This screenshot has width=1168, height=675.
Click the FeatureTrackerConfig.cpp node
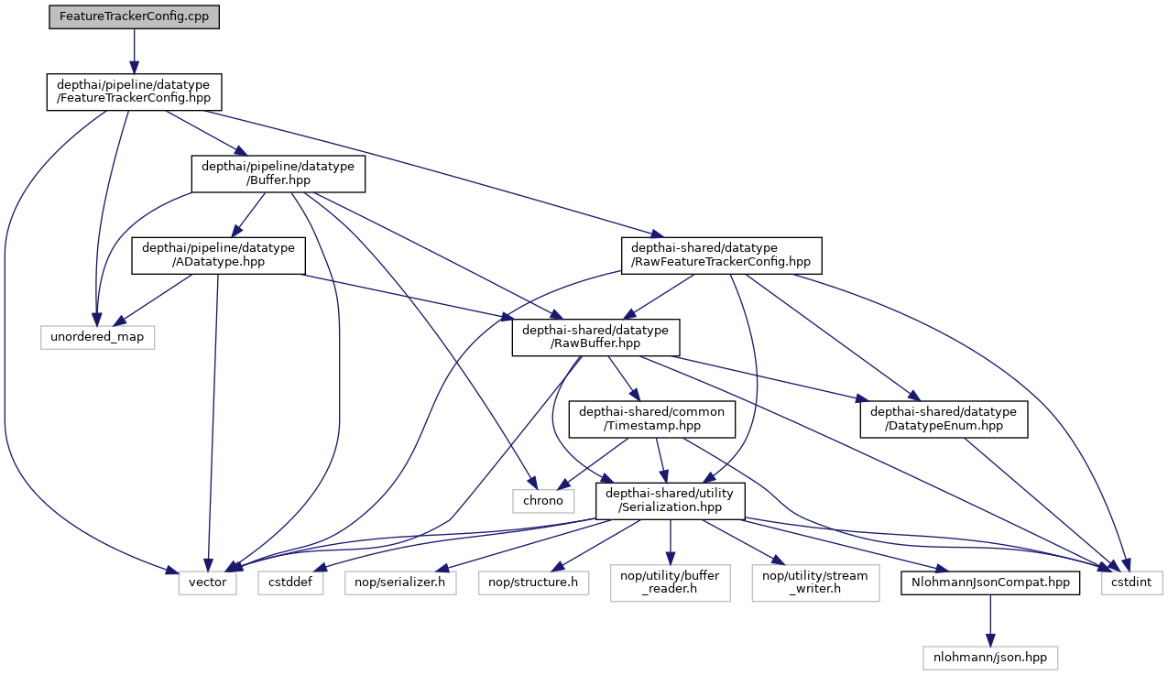[x=134, y=17]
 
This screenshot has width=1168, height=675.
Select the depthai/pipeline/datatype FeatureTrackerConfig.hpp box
[x=134, y=93]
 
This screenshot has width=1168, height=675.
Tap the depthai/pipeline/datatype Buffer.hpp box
[x=278, y=173]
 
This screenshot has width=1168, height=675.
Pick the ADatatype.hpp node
[x=217, y=256]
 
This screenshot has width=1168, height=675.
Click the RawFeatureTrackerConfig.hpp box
[x=720, y=256]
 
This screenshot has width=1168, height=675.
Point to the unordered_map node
[x=97, y=338]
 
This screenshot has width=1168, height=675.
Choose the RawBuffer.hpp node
[x=595, y=338]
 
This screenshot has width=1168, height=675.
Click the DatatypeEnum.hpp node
[x=944, y=419]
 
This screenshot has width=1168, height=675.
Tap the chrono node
[x=542, y=501]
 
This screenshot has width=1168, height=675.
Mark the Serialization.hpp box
[x=671, y=501]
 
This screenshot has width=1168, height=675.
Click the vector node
[x=208, y=582]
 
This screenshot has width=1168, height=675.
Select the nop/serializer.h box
[x=400, y=582]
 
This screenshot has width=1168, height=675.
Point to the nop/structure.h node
[x=535, y=582]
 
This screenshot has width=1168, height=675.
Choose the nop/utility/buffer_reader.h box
[x=671, y=582]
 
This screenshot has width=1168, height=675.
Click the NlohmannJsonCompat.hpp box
[x=989, y=582]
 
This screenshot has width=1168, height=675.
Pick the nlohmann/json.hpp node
[x=989, y=657]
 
